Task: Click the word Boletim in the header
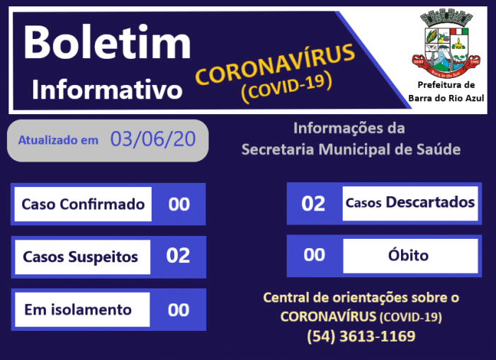click(x=108, y=43)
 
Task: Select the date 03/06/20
click(x=153, y=139)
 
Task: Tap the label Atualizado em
click(x=58, y=140)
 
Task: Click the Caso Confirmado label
click(x=83, y=204)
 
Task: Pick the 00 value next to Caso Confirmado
click(x=179, y=204)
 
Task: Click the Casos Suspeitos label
click(x=81, y=257)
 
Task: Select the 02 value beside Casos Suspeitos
click(x=178, y=256)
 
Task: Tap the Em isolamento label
click(x=78, y=310)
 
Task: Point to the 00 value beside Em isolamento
click(x=179, y=310)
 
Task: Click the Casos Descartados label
click(x=410, y=203)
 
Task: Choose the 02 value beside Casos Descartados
click(x=313, y=203)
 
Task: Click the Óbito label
click(x=409, y=255)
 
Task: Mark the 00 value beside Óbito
click(x=314, y=255)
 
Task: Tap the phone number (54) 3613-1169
click(x=361, y=336)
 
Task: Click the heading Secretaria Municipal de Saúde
click(x=351, y=150)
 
